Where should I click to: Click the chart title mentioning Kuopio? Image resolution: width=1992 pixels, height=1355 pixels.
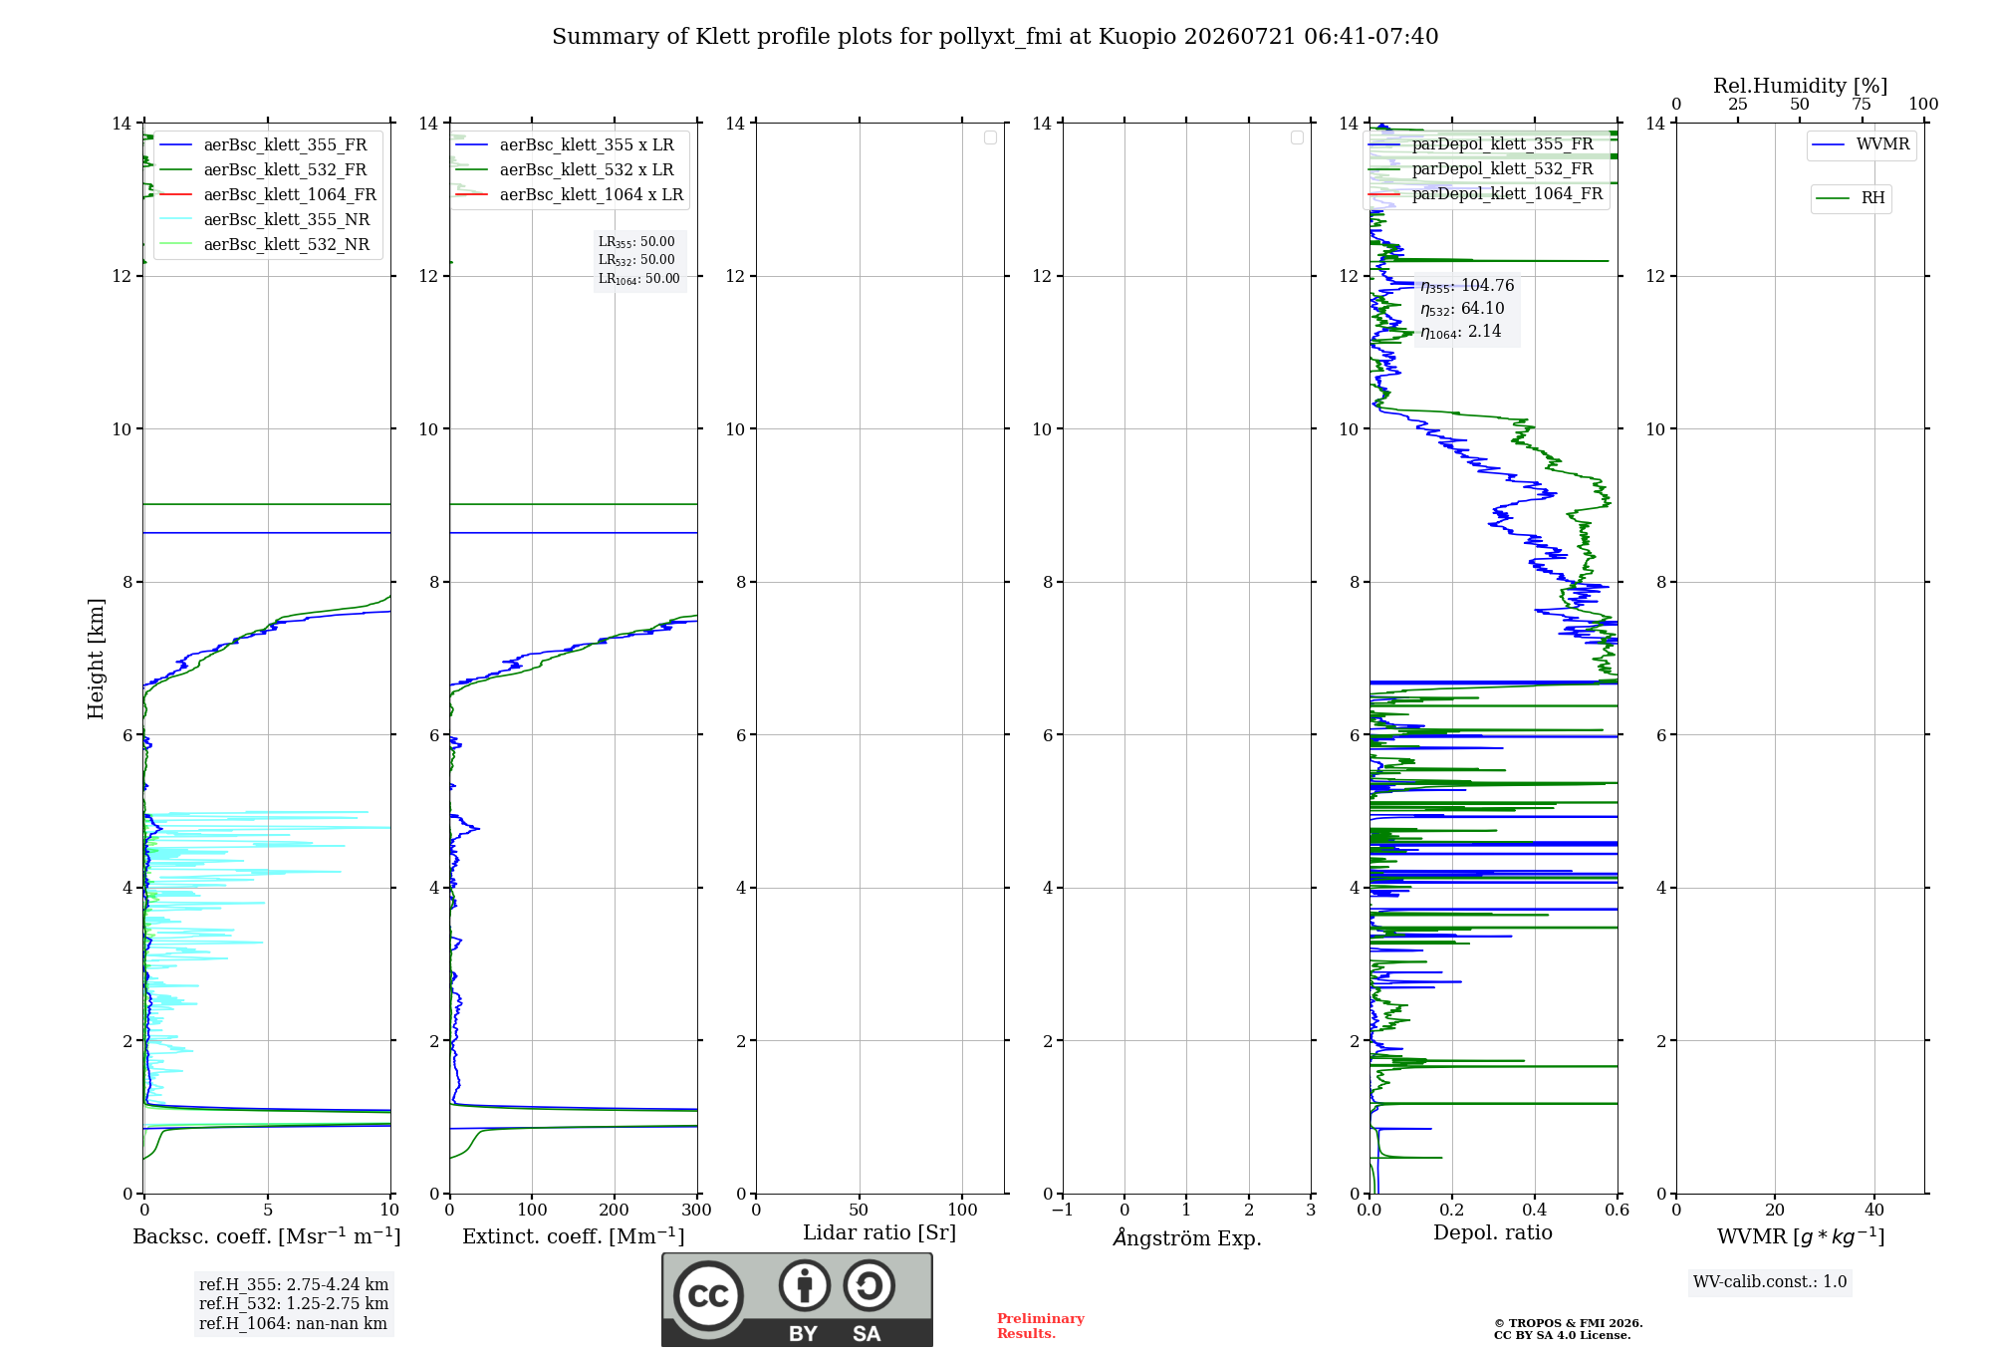pos(995,37)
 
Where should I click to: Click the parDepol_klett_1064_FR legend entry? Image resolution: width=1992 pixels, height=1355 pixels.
pos(1486,194)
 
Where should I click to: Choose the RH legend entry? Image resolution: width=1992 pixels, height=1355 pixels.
pos(1851,198)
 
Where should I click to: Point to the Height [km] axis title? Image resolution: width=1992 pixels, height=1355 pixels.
pos(96,659)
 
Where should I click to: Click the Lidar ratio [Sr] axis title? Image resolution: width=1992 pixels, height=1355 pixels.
pos(879,1233)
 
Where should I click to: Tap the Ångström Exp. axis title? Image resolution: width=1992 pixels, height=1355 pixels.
pos(1187,1237)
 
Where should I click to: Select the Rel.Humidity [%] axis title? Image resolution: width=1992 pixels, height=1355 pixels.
pos(1801,86)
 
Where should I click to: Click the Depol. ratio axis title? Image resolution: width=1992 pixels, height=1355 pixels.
pos(1493,1233)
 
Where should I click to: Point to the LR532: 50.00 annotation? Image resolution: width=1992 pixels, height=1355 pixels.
pos(636,260)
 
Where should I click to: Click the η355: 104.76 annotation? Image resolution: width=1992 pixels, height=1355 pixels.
pos(1467,287)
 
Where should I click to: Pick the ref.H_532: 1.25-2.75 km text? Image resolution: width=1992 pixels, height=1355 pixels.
pos(294,1304)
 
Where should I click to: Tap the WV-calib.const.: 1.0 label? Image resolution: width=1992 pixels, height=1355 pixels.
pos(1770,1282)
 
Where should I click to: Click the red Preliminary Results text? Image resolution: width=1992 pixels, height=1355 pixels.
pos(1041,1326)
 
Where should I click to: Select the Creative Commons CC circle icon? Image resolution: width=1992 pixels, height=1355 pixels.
pos(708,1296)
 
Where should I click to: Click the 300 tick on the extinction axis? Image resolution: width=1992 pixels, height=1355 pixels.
pos(697,1211)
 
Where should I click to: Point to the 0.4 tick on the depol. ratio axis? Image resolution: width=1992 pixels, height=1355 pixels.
pos(1535,1211)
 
